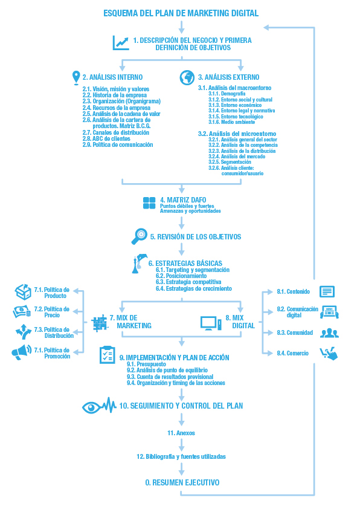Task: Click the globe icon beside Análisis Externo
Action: (x=187, y=77)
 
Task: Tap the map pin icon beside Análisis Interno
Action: (x=76, y=77)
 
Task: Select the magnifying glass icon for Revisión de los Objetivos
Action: (x=139, y=236)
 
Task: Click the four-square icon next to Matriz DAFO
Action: (x=149, y=203)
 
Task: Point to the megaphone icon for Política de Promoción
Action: (x=21, y=352)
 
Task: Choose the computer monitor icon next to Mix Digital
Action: (x=211, y=323)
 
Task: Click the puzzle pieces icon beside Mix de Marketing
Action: (x=100, y=323)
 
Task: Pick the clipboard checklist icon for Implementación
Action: (x=107, y=355)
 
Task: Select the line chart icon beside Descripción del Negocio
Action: (x=121, y=43)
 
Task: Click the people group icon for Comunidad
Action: (x=329, y=332)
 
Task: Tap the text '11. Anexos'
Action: (x=181, y=433)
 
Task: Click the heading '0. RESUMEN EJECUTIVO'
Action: (x=182, y=483)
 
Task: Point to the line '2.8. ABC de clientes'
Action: (x=106, y=138)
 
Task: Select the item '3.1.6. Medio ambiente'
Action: (x=231, y=122)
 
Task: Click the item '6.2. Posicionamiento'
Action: (x=181, y=276)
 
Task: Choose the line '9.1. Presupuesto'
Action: (x=146, y=365)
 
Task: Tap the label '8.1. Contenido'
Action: (x=293, y=291)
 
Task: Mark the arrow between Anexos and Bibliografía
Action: (x=182, y=445)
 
